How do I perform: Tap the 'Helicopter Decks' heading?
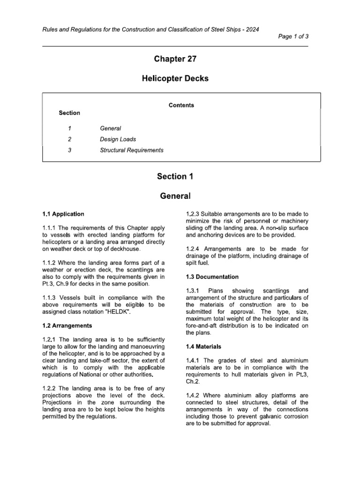point(175,79)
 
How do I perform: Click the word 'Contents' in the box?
point(181,105)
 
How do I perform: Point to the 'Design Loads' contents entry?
point(118,139)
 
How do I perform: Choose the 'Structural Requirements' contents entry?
point(132,150)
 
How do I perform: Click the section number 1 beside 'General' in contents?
point(69,128)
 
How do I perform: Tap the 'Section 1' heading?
point(175,176)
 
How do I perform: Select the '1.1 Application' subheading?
point(63,214)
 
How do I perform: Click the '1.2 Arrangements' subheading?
point(67,325)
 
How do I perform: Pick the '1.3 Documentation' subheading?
point(212,277)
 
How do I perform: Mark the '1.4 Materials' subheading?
point(204,346)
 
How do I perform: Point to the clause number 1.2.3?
point(193,214)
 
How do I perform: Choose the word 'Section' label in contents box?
point(69,113)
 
